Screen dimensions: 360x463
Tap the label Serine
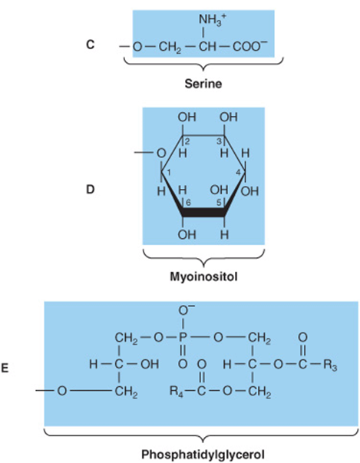coord(203,84)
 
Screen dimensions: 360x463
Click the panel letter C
coord(90,45)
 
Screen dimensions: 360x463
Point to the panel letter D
coord(91,190)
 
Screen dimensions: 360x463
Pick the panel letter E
coord(5,369)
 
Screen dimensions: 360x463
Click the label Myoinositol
coord(203,277)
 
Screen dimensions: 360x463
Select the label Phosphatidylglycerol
coord(203,454)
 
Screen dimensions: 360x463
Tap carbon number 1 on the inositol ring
coord(169,173)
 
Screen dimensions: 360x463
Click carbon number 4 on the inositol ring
coord(239,173)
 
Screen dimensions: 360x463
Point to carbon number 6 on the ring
coord(188,203)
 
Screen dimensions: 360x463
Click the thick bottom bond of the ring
coord(203,213)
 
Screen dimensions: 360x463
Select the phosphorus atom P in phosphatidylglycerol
coord(183,338)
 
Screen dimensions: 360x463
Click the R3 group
coord(330,365)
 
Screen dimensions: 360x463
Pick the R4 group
coord(177,392)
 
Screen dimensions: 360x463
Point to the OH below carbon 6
coord(187,235)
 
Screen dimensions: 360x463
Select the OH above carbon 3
coord(229,117)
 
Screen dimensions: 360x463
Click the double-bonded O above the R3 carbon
coord(302,337)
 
